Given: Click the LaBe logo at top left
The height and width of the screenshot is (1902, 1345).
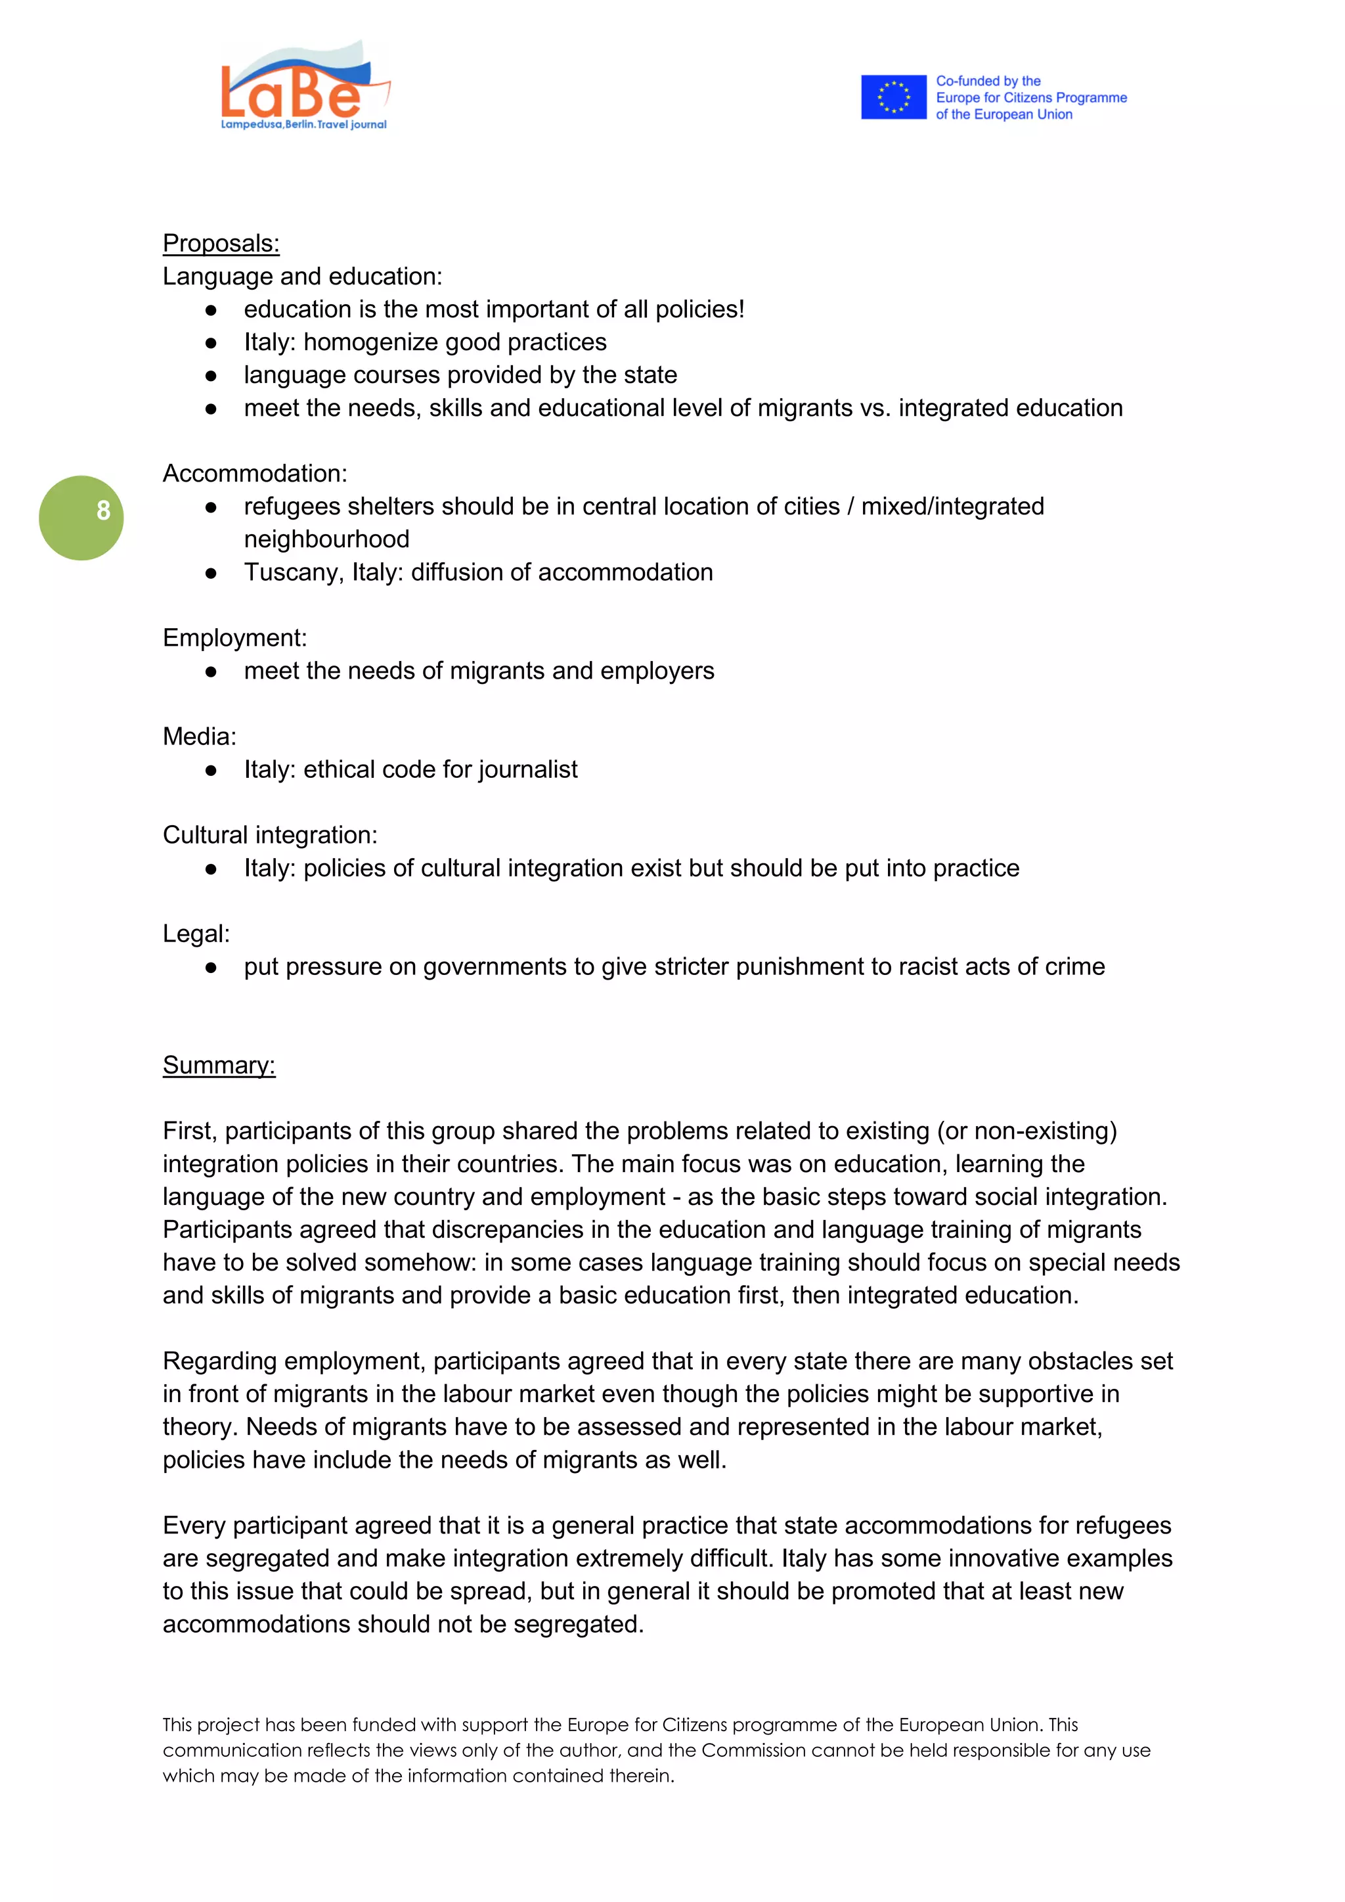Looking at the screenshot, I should click(304, 87).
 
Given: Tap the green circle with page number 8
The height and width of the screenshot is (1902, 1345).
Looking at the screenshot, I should click(81, 518).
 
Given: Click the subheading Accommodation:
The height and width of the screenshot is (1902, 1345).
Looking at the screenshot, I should click(254, 473).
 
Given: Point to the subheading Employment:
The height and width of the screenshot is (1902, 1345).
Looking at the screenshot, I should click(234, 637).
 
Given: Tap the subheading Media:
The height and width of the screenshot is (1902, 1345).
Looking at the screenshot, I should click(199, 736).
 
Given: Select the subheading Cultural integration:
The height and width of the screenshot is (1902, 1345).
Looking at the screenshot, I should click(269, 834).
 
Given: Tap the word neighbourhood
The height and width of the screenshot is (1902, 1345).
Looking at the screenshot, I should click(326, 539).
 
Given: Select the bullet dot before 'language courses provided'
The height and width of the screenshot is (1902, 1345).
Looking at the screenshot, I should click(211, 375).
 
